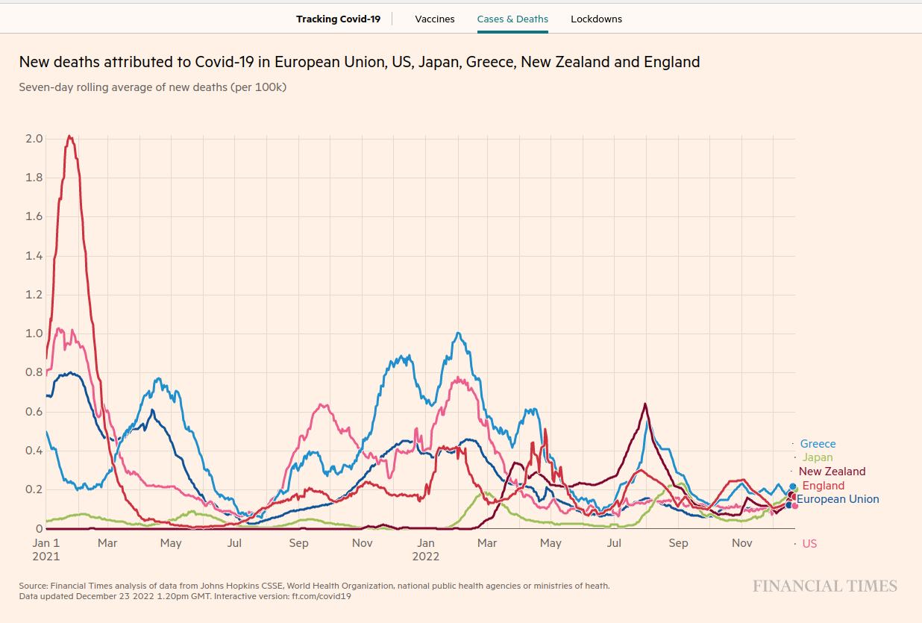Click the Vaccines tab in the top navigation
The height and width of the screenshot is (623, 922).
pyautogui.click(x=435, y=19)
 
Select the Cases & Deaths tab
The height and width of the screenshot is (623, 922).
pyautogui.click(x=512, y=19)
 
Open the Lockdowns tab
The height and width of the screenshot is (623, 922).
pyautogui.click(x=596, y=19)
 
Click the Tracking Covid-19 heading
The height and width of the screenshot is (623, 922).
pyautogui.click(x=338, y=19)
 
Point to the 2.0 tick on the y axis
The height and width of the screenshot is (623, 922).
pyautogui.click(x=34, y=139)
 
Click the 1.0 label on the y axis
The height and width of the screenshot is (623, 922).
pyautogui.click(x=34, y=334)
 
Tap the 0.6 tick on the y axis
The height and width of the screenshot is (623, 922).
pyautogui.click(x=34, y=412)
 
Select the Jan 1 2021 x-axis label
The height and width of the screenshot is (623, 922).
pyautogui.click(x=46, y=549)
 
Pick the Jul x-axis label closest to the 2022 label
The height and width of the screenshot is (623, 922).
pyautogui.click(x=614, y=543)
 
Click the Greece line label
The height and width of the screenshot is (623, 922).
pyautogui.click(x=818, y=444)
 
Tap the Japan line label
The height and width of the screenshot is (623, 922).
pyautogui.click(x=818, y=457)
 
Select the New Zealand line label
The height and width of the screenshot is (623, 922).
pyautogui.click(x=832, y=472)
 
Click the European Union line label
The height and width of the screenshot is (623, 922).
pyautogui.click(x=838, y=499)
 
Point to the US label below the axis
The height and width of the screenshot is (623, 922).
pyautogui.click(x=809, y=544)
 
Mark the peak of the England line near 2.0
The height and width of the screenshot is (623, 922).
pyautogui.click(x=69, y=136)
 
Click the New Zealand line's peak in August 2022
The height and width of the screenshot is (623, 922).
pyautogui.click(x=645, y=404)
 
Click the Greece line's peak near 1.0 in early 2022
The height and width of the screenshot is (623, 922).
pyautogui.click(x=458, y=333)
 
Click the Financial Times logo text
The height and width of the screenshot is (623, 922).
pyautogui.click(x=824, y=586)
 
